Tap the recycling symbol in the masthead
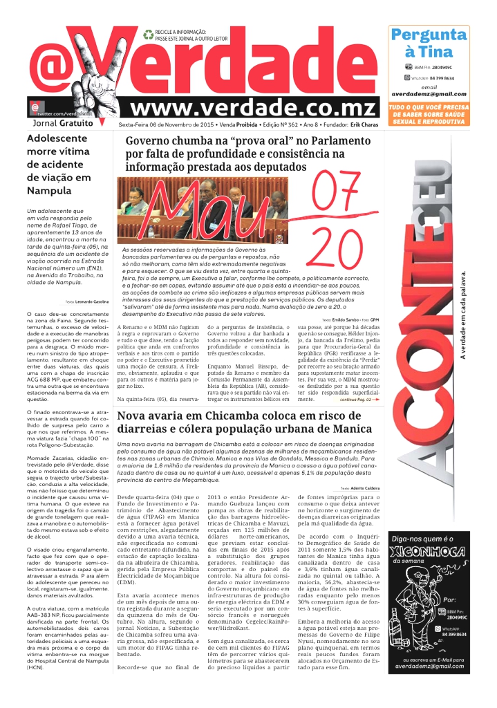click(x=148, y=33)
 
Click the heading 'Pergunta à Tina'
click(x=428, y=43)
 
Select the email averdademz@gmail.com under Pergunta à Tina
click(x=428, y=94)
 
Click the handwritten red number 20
click(x=332, y=247)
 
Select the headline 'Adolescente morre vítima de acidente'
click(x=58, y=158)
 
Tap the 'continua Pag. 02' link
click(x=360, y=400)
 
